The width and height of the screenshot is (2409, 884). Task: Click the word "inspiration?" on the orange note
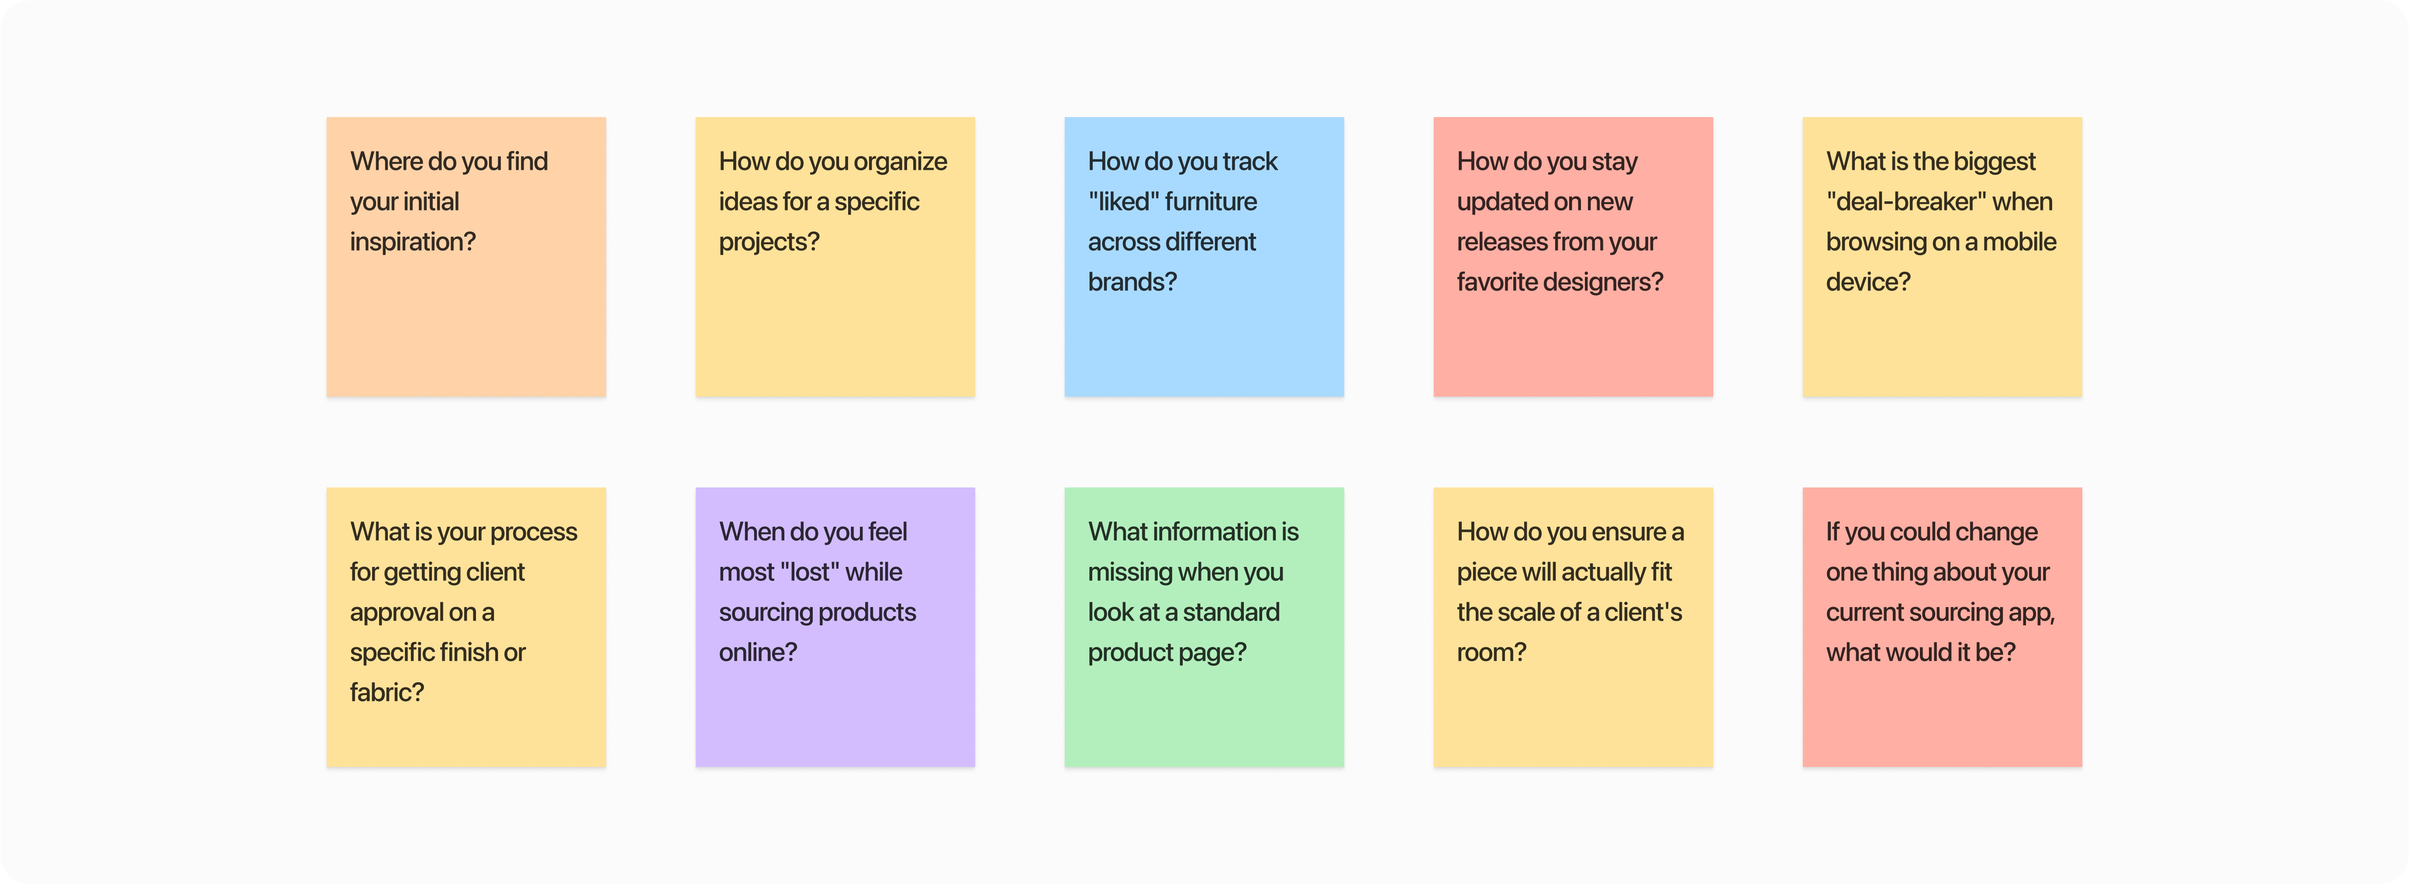pyautogui.click(x=412, y=242)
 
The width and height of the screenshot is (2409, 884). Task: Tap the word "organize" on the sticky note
pyautogui.click(x=900, y=162)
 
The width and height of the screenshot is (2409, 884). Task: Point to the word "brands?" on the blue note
pyautogui.click(x=1132, y=283)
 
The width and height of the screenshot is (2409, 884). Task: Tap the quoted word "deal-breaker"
pyautogui.click(x=1905, y=202)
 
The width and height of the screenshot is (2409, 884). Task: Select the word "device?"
pyautogui.click(x=1867, y=283)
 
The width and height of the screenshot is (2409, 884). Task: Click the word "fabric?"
pyautogui.click(x=386, y=693)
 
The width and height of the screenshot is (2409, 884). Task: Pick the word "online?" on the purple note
pyautogui.click(x=757, y=653)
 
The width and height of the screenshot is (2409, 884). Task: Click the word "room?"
pyautogui.click(x=1491, y=653)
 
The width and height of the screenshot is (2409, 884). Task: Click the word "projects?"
pyautogui.click(x=769, y=242)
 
